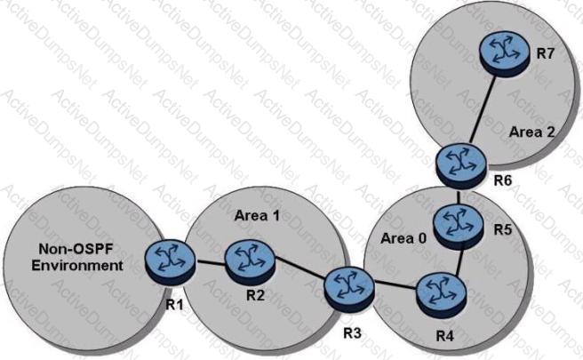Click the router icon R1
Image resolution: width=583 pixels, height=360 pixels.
(x=167, y=258)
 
